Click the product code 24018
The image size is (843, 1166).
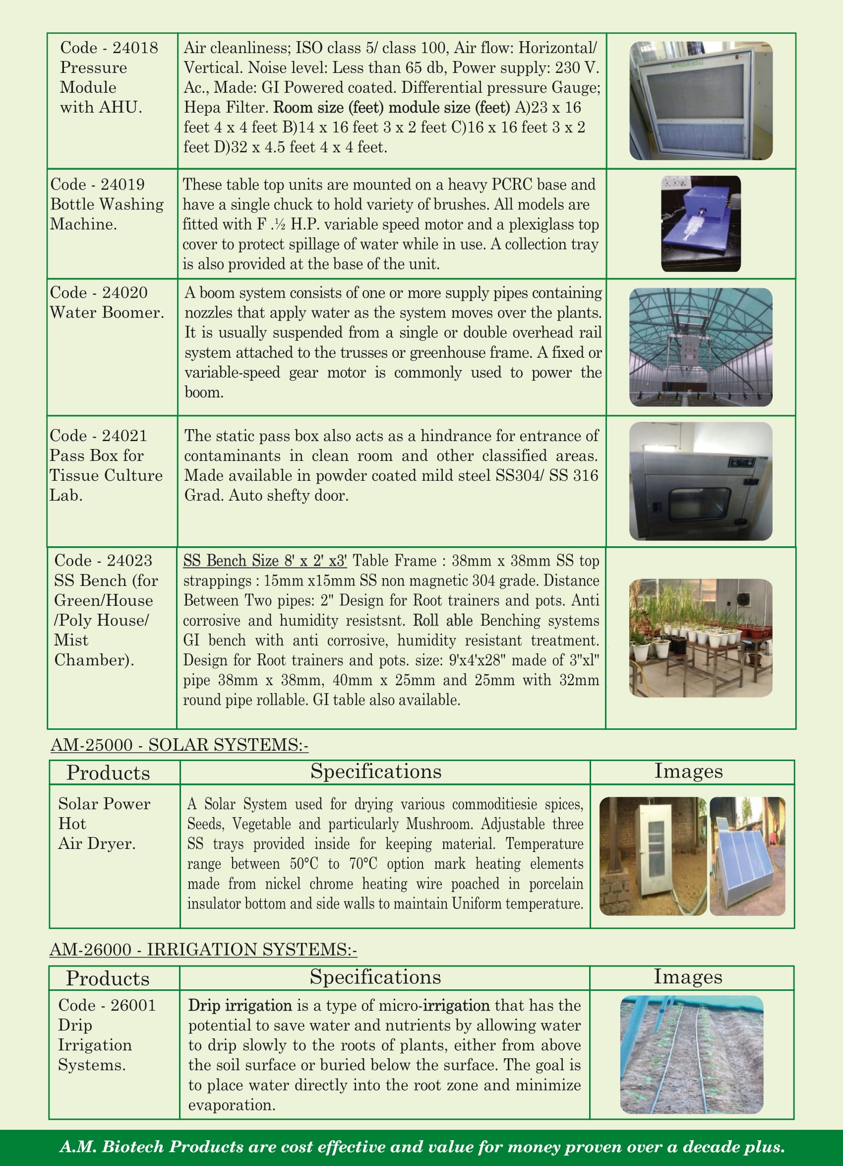click(135, 48)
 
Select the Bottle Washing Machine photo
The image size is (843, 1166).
click(701, 224)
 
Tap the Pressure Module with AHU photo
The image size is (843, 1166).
click(701, 101)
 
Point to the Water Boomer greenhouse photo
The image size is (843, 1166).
click(701, 347)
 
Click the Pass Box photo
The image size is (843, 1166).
click(701, 481)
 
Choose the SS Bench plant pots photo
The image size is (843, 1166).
click(701, 638)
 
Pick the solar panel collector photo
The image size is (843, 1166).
click(747, 856)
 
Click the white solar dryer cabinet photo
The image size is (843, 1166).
click(653, 856)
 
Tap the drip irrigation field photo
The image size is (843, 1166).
click(691, 1054)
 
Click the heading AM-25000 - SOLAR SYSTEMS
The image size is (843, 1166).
click(180, 744)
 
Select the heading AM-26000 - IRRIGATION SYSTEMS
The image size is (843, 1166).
click(203, 949)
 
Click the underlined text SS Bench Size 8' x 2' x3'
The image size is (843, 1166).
click(265, 560)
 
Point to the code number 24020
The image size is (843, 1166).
click(125, 293)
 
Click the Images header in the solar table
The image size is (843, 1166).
click(688, 771)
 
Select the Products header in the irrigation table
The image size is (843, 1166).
click(108, 978)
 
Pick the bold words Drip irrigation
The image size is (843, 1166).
click(240, 1005)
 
